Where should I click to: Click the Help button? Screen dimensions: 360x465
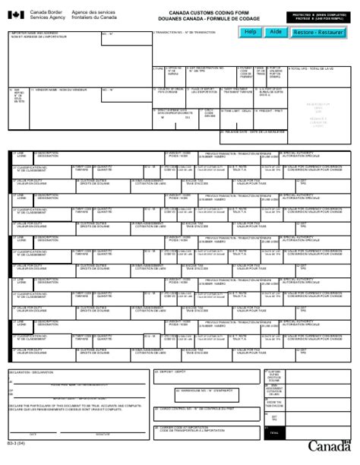pos(250,33)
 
